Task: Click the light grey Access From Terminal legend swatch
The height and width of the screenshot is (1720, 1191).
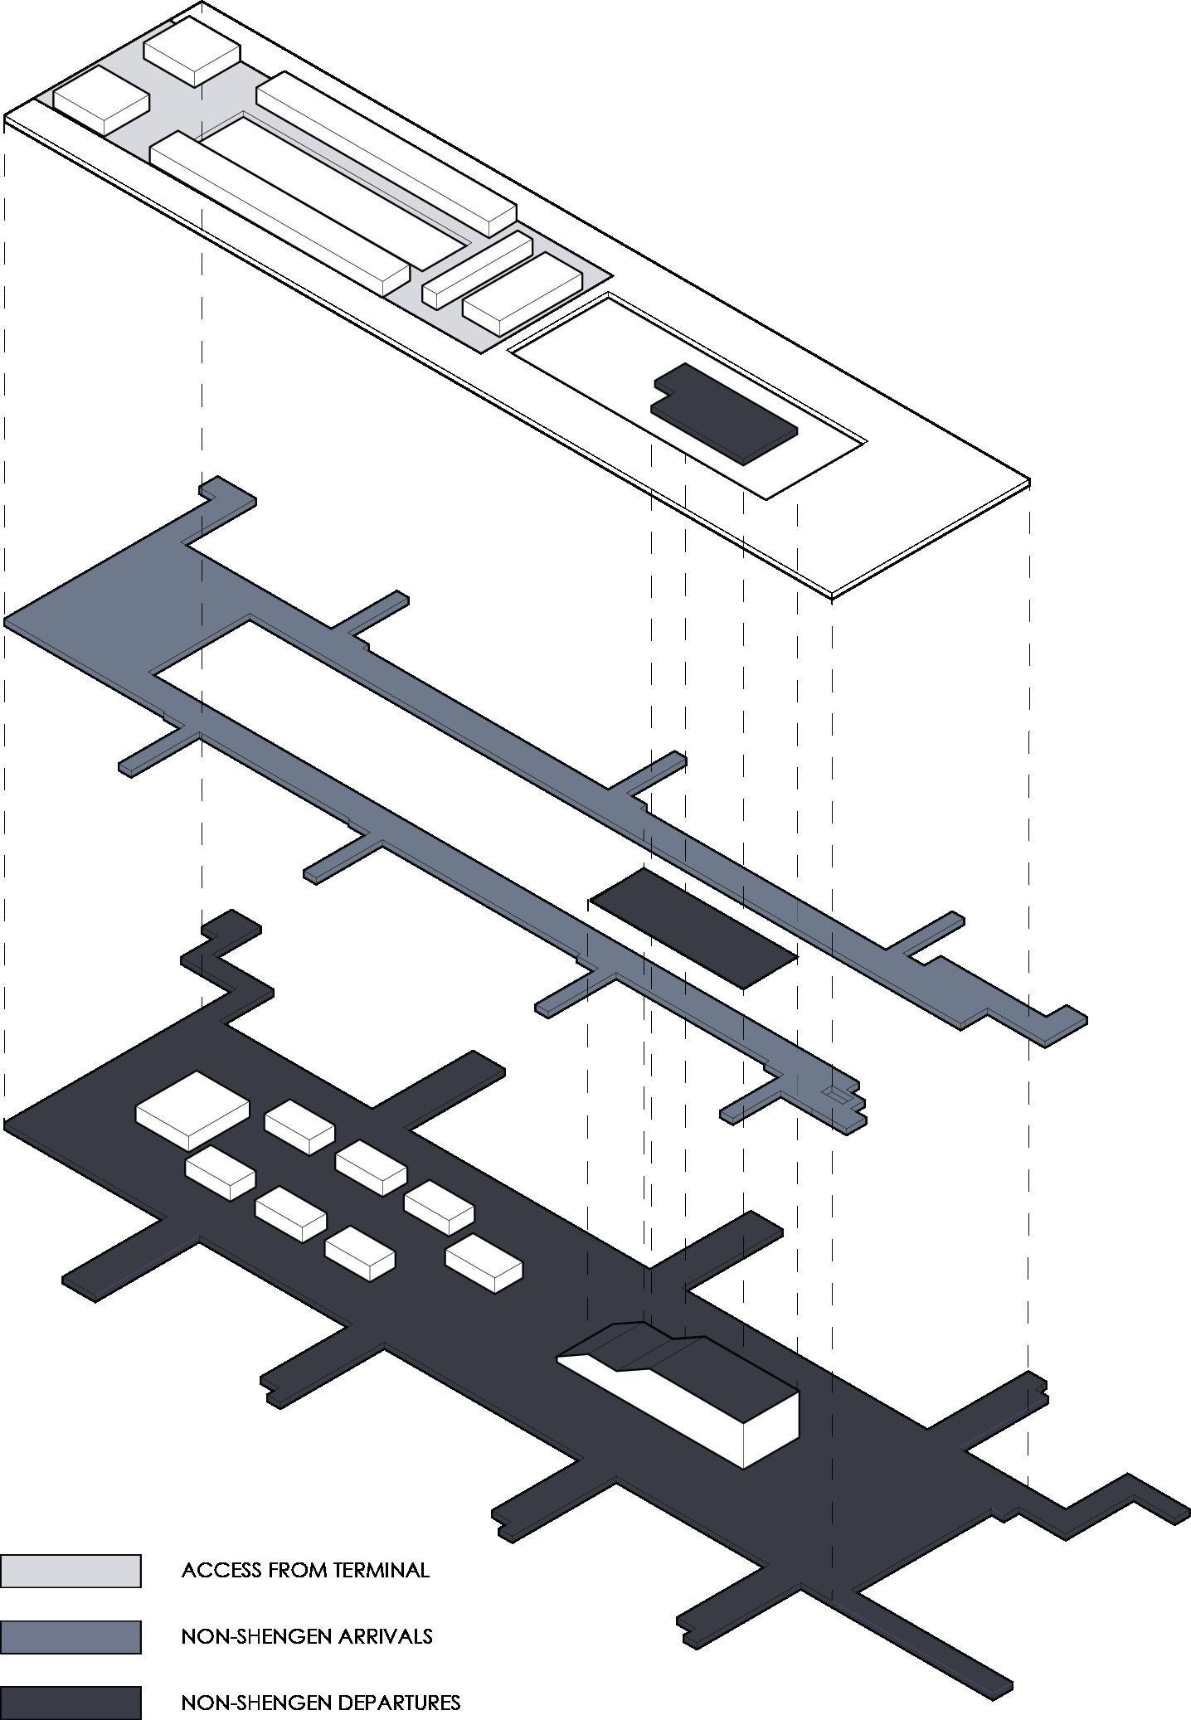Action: click(x=70, y=1571)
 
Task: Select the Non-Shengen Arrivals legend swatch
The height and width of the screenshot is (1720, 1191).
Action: click(x=70, y=1636)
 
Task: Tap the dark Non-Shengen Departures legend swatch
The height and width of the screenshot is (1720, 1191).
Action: click(x=70, y=1703)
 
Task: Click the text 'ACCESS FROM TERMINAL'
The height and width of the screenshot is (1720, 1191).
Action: click(x=305, y=1570)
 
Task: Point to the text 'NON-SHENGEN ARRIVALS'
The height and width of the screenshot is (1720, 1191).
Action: click(x=307, y=1636)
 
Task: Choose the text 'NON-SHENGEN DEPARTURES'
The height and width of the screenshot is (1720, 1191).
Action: click(x=321, y=1703)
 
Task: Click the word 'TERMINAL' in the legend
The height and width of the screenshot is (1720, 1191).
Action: click(x=382, y=1570)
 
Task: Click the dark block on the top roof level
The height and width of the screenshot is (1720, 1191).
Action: click(x=723, y=413)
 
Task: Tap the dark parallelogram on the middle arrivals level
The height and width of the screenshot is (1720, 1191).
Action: click(x=693, y=928)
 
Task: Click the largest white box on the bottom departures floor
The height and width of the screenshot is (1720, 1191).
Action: click(x=192, y=1110)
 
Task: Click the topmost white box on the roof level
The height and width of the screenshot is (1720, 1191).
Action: click(x=192, y=50)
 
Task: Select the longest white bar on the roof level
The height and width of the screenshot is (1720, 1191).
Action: click(x=280, y=212)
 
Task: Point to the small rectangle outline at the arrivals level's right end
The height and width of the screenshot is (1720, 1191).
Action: click(x=838, y=1095)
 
